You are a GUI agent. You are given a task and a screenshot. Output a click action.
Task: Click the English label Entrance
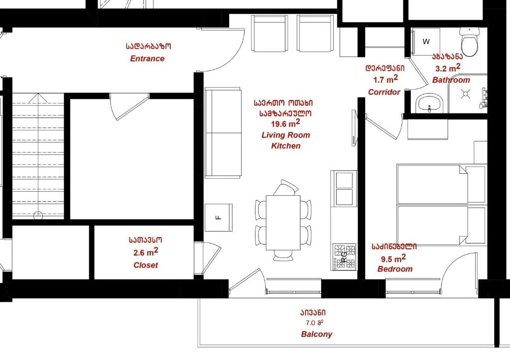[147, 59]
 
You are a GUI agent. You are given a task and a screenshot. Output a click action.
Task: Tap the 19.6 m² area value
[285, 123]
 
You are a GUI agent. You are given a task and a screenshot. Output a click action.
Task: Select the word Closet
[146, 265]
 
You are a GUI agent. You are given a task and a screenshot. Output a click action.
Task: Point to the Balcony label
[316, 334]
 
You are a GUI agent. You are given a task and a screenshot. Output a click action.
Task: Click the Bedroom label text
[395, 269]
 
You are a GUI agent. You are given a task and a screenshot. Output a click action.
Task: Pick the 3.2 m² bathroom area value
[448, 68]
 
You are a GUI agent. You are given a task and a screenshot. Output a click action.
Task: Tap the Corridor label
[384, 92]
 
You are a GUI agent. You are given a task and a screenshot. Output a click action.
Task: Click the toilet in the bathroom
[469, 42]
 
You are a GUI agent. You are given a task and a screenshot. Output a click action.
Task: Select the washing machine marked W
[426, 42]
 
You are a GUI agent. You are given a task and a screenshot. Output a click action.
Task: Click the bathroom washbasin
[429, 103]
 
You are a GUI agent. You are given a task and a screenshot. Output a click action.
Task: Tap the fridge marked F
[218, 217]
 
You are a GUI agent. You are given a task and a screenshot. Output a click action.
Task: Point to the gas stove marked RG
[344, 257]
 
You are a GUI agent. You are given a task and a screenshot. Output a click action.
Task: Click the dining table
[283, 223]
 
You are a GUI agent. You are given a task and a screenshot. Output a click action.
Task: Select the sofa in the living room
[223, 132]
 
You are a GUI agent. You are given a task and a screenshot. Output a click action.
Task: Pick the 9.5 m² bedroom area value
[393, 258]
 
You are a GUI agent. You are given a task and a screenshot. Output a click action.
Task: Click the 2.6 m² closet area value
[146, 252]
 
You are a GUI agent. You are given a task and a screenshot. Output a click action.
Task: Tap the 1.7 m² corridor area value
[385, 79]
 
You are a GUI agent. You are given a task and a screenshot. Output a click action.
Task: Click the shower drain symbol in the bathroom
[465, 94]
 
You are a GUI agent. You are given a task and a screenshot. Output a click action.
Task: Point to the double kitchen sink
[344, 188]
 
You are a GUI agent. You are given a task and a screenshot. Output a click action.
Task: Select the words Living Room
[285, 135]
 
